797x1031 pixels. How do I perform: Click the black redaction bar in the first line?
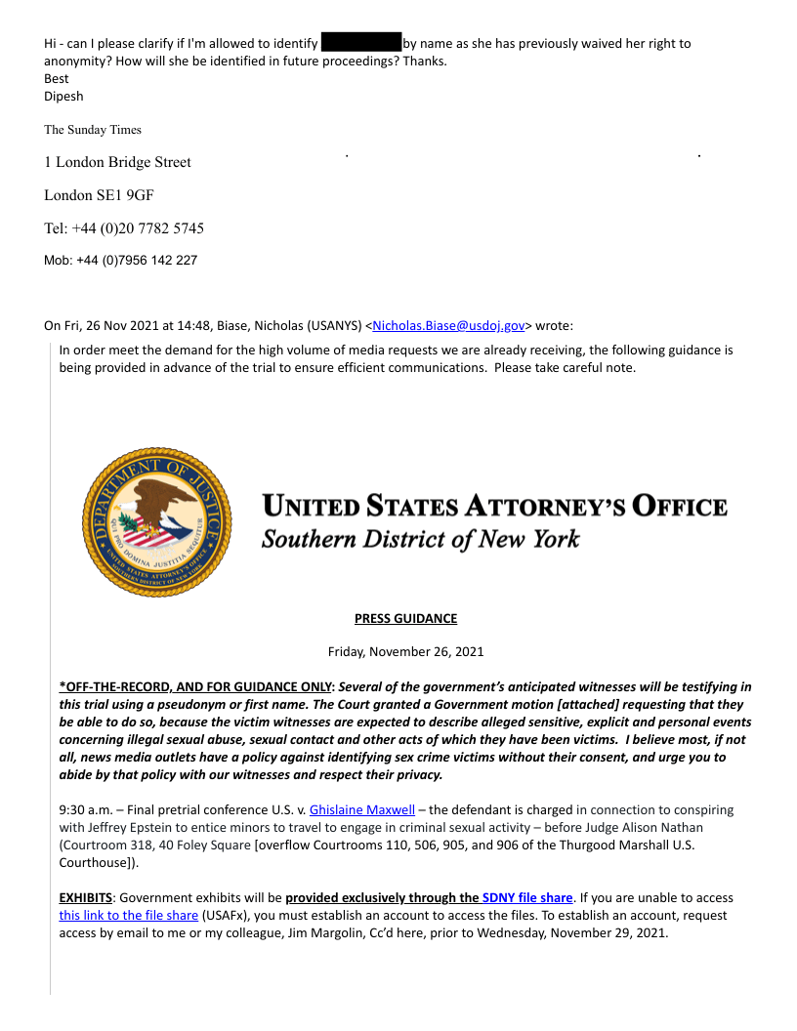tap(361, 43)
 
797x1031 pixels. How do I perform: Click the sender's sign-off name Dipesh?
tap(63, 97)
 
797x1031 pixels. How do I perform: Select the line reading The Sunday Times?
tap(93, 130)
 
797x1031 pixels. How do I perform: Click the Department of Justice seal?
tap(156, 523)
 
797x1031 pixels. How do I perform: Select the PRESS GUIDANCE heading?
tap(405, 618)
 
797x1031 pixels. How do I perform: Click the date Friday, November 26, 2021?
tap(405, 651)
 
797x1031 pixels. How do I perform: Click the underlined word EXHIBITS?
tap(86, 897)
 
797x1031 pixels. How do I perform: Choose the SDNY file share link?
tap(526, 897)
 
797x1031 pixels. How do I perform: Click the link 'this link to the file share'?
tap(128, 915)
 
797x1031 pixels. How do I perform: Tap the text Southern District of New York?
tap(420, 539)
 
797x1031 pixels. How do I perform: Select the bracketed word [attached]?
tap(491, 704)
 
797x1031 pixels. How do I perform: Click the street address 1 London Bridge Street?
tap(117, 162)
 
